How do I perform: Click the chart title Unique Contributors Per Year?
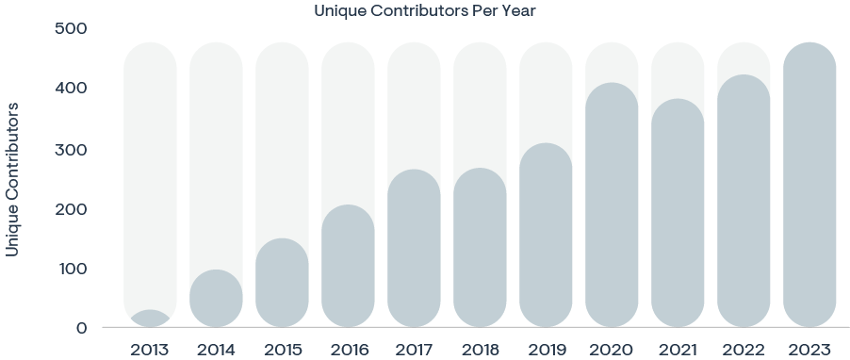click(424, 11)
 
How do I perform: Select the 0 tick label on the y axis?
click(81, 328)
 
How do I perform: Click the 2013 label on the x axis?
click(150, 350)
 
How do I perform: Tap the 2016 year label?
click(348, 350)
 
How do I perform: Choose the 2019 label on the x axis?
click(546, 350)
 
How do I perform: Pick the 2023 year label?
click(809, 350)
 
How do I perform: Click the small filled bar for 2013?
click(150, 319)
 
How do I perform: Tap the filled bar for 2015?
click(282, 283)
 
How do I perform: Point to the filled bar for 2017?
click(414, 249)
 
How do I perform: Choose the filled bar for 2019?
click(546, 236)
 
